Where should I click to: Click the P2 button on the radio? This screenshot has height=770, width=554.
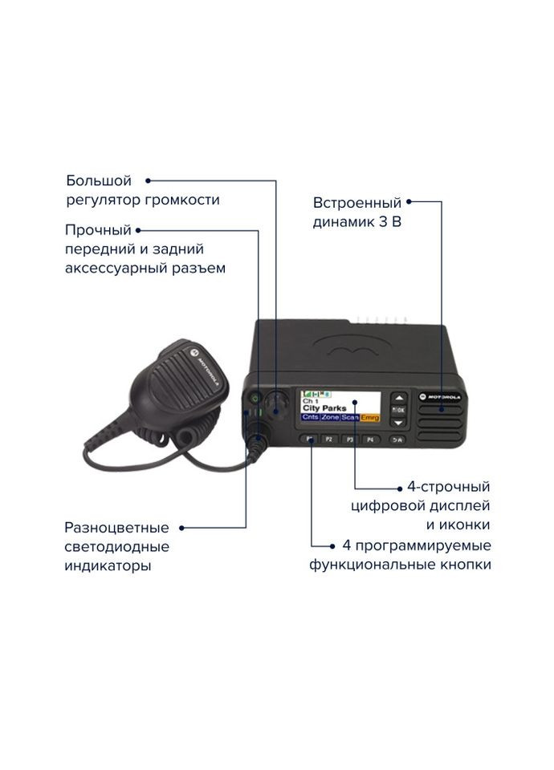(x=328, y=440)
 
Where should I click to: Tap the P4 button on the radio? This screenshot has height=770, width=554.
(x=370, y=440)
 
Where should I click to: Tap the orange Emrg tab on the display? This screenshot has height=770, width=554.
(x=370, y=418)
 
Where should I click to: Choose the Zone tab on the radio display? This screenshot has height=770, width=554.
(x=330, y=418)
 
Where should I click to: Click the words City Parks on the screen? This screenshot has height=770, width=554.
(x=324, y=408)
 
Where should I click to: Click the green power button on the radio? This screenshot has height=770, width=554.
(x=255, y=399)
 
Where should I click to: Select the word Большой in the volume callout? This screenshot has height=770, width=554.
(x=99, y=181)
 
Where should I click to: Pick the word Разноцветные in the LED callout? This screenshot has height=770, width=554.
(x=116, y=528)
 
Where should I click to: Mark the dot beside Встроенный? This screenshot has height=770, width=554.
(x=409, y=203)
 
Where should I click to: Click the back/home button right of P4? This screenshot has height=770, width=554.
(x=397, y=440)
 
